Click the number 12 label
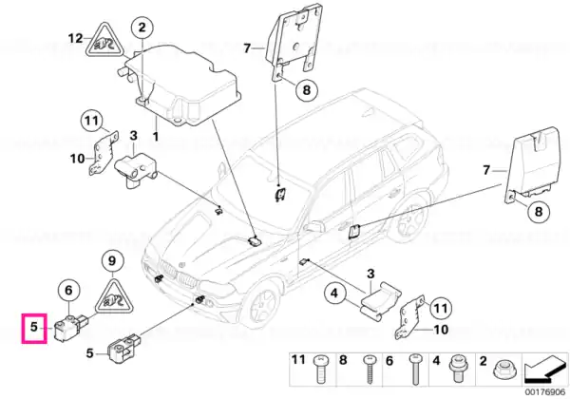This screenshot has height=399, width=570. click(76, 38)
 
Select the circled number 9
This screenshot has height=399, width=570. click(112, 261)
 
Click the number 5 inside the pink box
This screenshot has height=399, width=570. click(34, 327)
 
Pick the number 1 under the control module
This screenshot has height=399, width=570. click(156, 137)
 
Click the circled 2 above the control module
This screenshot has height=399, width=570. click(142, 27)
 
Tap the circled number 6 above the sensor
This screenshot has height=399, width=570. click(68, 291)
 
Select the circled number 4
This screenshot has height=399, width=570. click(334, 293)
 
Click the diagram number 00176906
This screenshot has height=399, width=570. click(545, 392)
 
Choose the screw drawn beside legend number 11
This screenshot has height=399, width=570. click(321, 370)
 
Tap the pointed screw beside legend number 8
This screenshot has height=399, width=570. click(369, 370)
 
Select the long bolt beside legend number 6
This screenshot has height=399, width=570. click(415, 370)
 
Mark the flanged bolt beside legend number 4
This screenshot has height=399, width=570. click(458, 369)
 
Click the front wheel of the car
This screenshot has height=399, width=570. click(260, 302)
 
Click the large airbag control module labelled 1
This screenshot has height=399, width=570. click(181, 86)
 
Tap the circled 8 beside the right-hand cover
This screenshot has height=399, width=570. click(539, 212)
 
